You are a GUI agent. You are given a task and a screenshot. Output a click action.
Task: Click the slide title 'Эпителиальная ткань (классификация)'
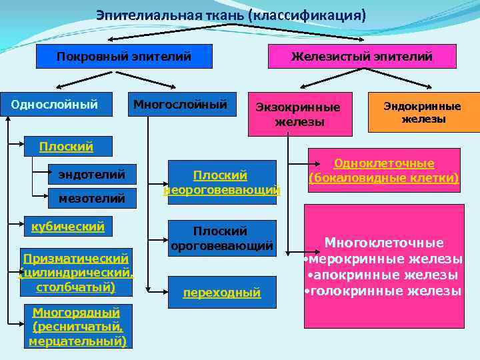click(x=231, y=15)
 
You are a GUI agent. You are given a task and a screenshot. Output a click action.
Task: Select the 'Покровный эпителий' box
click(x=124, y=57)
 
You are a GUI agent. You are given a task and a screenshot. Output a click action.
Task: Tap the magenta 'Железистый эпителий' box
click(x=362, y=57)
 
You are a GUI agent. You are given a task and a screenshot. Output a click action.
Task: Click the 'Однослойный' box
click(x=55, y=104)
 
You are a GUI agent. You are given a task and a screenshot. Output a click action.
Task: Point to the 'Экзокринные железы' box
click(x=299, y=114)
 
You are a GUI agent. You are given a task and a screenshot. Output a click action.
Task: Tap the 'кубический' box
click(x=68, y=227)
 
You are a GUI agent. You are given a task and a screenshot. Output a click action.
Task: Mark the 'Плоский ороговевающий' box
click(x=221, y=238)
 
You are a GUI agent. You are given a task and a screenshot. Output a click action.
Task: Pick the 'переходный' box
click(x=221, y=292)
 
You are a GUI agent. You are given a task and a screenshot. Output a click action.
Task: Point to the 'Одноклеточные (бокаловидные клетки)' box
click(x=384, y=171)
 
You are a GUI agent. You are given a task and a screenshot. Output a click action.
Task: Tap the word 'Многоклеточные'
click(x=384, y=243)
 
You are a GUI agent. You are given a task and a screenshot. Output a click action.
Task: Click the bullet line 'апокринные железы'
click(x=384, y=275)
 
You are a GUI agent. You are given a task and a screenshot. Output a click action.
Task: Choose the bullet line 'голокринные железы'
click(x=384, y=291)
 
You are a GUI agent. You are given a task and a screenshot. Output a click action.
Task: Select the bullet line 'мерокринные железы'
click(x=384, y=259)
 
